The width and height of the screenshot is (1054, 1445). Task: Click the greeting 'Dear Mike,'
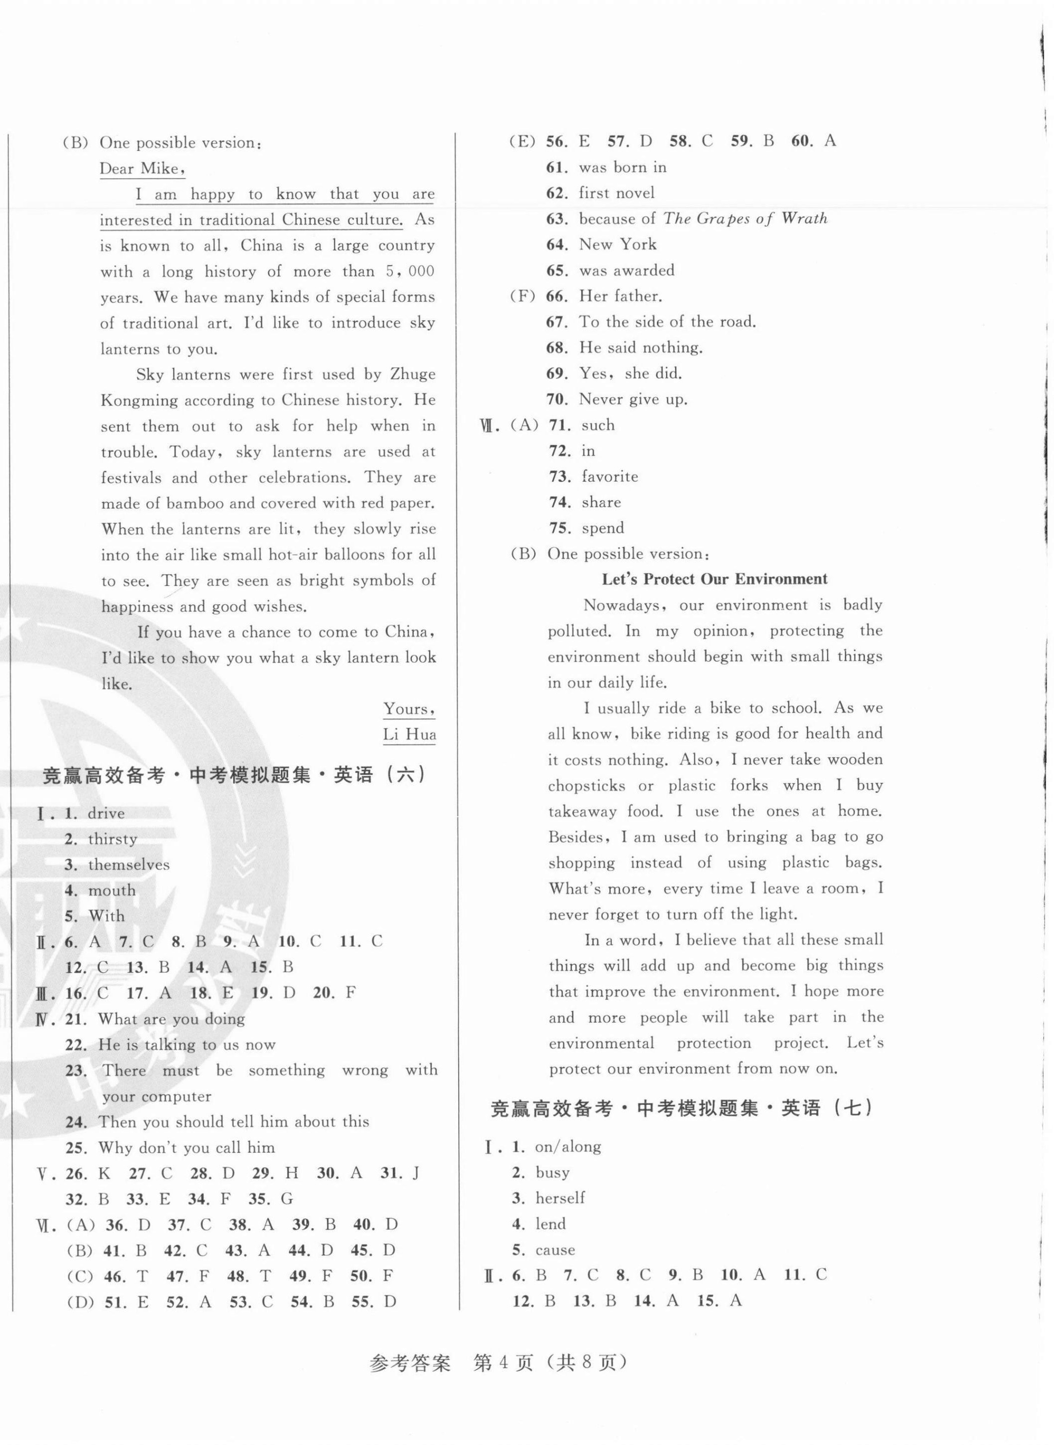pyautogui.click(x=142, y=169)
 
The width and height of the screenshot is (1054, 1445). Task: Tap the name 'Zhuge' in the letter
pyautogui.click(x=413, y=374)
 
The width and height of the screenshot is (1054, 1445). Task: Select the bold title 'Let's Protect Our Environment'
pyautogui.click(x=714, y=579)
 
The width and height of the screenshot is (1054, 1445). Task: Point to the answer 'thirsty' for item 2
pyautogui.click(x=112, y=839)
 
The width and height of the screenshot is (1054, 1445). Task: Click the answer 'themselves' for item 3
pyautogui.click(x=129, y=865)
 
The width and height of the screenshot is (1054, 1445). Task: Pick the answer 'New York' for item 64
pyautogui.click(x=618, y=244)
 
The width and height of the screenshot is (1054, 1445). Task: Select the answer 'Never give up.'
pyautogui.click(x=633, y=399)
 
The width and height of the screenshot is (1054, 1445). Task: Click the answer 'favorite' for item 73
pyautogui.click(x=610, y=477)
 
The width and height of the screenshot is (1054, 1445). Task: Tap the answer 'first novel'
pyautogui.click(x=616, y=192)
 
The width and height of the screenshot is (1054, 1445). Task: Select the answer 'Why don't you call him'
pyautogui.click(x=186, y=1148)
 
